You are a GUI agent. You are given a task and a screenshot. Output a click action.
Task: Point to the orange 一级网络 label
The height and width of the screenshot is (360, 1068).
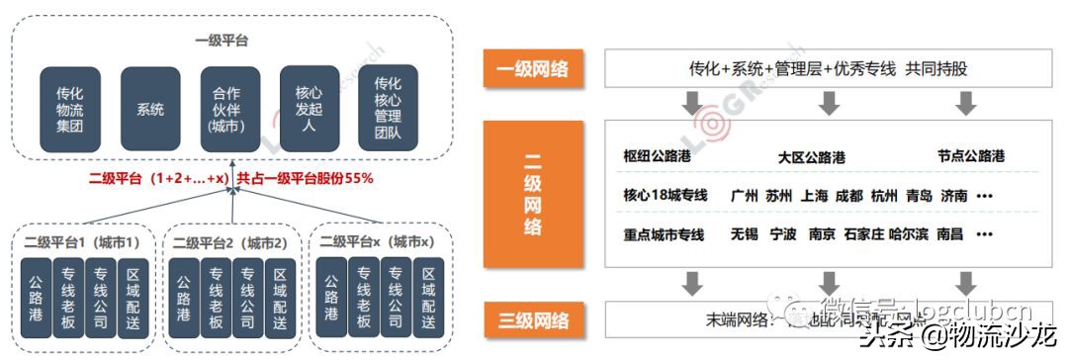532,69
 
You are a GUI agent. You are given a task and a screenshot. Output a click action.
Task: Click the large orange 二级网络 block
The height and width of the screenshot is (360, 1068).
532,194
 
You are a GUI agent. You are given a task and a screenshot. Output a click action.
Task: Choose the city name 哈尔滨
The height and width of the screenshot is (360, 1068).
910,235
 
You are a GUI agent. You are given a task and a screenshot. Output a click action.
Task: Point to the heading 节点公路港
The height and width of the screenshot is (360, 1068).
970,156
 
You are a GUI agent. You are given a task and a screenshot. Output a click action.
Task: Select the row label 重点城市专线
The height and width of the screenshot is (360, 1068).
665,235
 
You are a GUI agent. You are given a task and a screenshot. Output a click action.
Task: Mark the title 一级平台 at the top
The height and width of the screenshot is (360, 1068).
229,41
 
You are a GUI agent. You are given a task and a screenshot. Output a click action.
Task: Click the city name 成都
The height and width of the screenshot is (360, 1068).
848,196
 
